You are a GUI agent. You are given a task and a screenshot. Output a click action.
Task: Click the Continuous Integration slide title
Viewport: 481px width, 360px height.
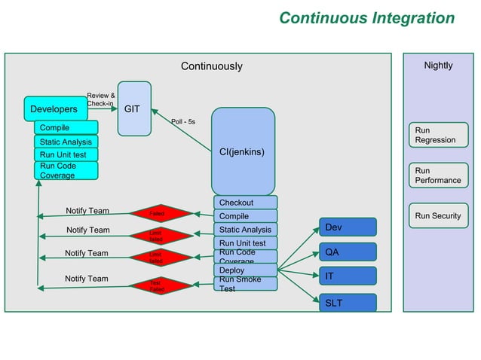coord(366,18)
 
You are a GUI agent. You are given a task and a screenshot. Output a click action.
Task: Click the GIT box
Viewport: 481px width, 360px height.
coord(134,109)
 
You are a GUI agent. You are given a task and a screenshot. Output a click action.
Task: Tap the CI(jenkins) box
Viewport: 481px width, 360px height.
coord(242,151)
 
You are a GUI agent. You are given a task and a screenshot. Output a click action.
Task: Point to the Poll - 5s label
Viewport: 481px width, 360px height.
coord(183,121)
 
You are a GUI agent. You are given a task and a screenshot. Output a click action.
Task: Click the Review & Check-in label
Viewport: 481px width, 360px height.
coord(100,99)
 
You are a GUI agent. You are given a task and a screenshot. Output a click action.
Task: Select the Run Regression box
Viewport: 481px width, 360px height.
coord(437,136)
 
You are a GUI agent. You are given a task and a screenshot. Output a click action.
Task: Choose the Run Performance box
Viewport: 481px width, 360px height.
coord(437,175)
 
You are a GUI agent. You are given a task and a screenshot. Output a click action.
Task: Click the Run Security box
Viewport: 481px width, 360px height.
coord(437,216)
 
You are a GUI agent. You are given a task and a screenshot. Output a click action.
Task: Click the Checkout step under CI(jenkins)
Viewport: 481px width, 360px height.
coord(245,203)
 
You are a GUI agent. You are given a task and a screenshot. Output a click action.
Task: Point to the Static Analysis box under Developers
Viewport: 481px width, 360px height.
coord(66,142)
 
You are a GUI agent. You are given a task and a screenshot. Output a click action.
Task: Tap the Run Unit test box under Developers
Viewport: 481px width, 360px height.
coord(66,155)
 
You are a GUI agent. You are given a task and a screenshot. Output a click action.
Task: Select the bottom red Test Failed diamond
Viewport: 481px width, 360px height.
coord(157,285)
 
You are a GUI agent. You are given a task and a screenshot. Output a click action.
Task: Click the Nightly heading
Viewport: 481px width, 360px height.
coord(438,66)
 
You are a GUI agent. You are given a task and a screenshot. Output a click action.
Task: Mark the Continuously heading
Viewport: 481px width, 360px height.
coord(212,66)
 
